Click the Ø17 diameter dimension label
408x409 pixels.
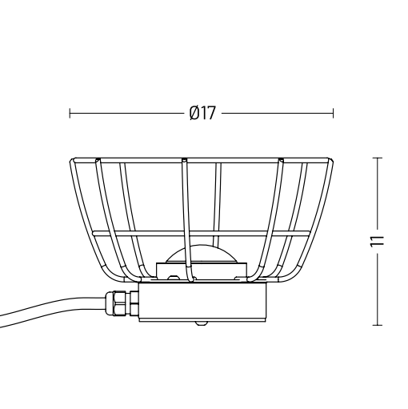pyautogui.click(x=202, y=114)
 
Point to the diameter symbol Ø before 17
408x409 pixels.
pyautogui.click(x=194, y=114)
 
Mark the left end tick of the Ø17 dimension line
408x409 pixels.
pyautogui.click(x=70, y=114)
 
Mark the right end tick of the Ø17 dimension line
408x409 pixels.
pyautogui.click(x=333, y=114)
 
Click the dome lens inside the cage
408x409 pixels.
pyautogui.click(x=200, y=259)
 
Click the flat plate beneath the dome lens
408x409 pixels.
pyautogui.click(x=200, y=273)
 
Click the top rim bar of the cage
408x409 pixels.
pyautogui.click(x=200, y=160)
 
